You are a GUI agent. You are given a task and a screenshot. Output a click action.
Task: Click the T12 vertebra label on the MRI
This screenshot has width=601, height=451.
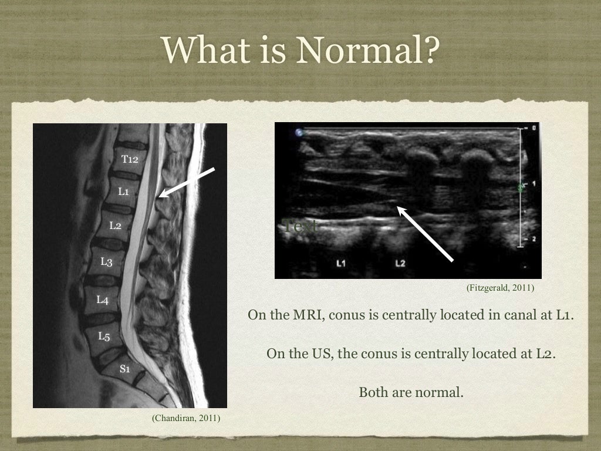click(130, 159)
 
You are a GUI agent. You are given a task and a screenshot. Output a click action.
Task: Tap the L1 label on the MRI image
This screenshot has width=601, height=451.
click(123, 191)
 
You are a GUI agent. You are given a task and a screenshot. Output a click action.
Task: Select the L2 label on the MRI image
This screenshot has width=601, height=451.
click(115, 225)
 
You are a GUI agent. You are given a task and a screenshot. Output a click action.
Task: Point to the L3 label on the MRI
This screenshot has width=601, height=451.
click(106, 261)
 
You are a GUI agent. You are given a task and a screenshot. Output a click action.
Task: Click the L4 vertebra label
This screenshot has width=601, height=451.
click(102, 300)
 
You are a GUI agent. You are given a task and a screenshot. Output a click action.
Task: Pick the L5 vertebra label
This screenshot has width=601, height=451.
click(104, 336)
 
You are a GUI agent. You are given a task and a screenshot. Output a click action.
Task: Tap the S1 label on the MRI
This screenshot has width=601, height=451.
click(125, 369)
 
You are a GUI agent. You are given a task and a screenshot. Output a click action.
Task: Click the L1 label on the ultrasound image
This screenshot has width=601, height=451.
click(341, 262)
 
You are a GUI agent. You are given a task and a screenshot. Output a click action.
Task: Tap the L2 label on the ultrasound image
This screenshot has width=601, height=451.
click(400, 262)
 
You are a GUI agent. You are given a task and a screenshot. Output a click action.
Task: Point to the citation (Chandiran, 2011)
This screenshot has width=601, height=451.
click(186, 418)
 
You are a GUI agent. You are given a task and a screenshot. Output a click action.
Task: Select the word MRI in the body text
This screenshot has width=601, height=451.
click(305, 315)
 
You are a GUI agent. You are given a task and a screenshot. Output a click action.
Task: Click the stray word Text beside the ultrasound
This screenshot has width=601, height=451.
click(300, 225)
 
